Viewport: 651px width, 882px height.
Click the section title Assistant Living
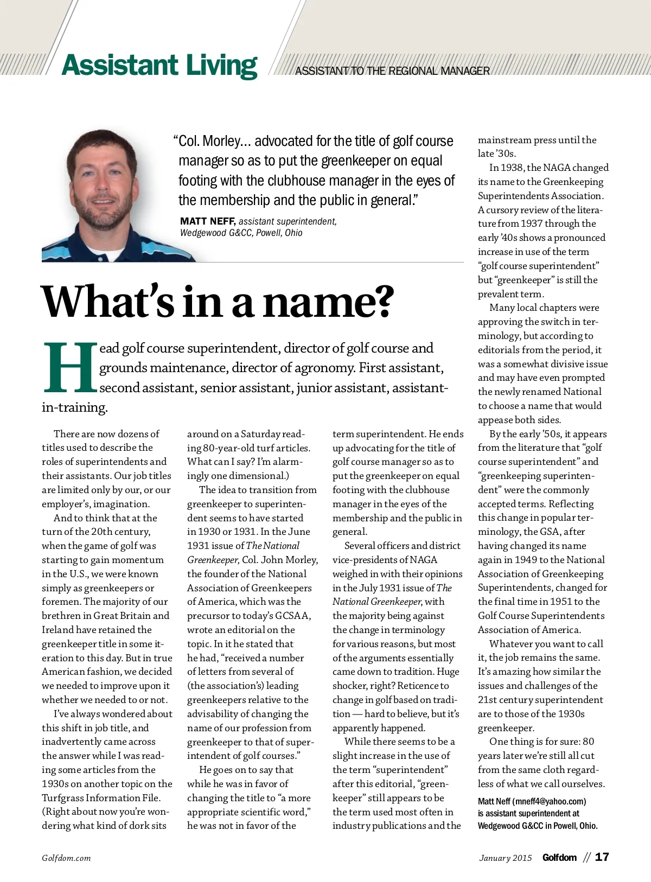point(159,66)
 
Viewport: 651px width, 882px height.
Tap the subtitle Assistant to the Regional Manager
point(392,71)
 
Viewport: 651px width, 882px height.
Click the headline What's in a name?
point(217,302)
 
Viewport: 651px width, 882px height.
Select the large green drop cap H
point(70,367)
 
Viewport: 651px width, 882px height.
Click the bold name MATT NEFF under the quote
point(207,221)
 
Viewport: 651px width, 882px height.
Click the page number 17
point(602,857)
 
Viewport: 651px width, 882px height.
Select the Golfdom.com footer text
point(66,858)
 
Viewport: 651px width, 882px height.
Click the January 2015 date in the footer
point(506,858)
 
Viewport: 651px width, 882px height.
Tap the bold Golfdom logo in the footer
point(559,858)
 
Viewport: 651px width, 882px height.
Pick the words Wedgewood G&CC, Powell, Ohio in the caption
point(241,233)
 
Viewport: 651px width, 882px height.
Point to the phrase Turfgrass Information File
point(101,798)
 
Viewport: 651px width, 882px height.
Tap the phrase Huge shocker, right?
point(396,679)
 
